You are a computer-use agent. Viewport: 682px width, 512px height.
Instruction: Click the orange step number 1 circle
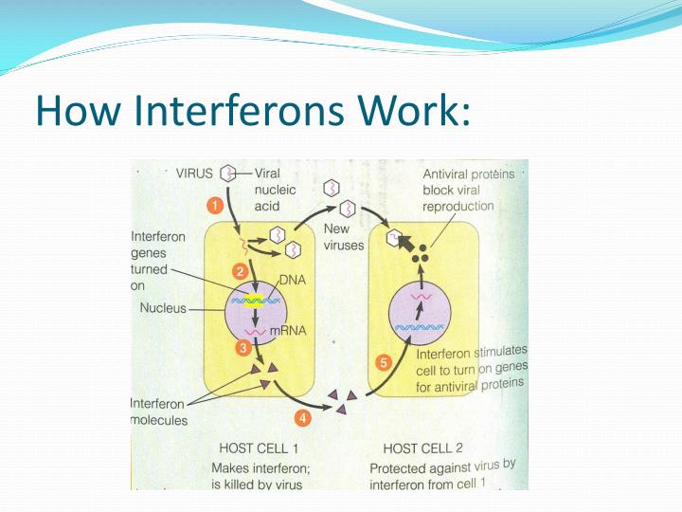click(x=214, y=205)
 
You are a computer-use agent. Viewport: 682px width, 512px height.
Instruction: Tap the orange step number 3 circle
click(x=243, y=348)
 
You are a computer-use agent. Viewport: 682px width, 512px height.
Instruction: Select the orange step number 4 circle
click(x=302, y=415)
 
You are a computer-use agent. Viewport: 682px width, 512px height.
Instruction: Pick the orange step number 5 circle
click(x=384, y=362)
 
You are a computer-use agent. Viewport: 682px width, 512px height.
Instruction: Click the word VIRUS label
click(x=195, y=174)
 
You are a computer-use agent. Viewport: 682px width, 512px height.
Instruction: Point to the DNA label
click(x=293, y=281)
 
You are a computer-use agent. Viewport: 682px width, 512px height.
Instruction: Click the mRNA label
click(x=299, y=330)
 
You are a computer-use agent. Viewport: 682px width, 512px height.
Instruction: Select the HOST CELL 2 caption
click(x=422, y=448)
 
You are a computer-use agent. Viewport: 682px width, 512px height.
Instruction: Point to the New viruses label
click(x=343, y=237)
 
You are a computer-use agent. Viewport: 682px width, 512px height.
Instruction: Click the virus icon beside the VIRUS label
click(x=227, y=174)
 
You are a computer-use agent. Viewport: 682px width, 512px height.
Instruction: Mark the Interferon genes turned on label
click(x=157, y=262)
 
